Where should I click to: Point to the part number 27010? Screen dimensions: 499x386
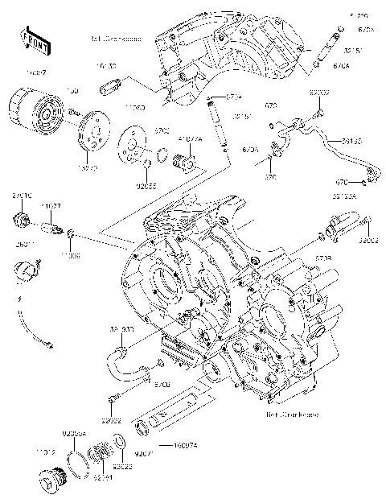[21, 196]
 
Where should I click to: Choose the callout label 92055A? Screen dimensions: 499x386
[74, 434]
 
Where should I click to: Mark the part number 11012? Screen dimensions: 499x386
[43, 453]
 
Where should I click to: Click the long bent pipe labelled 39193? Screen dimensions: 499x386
[338, 157]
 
